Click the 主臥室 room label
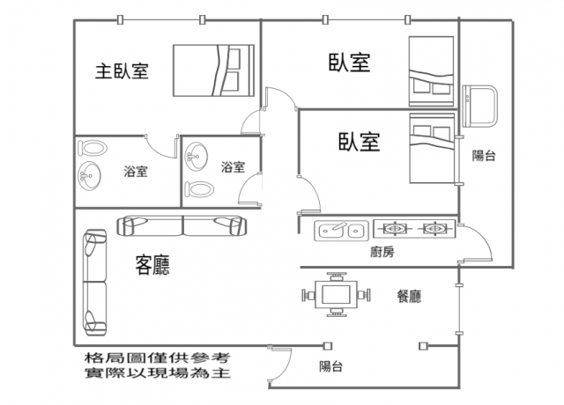pos(122,70)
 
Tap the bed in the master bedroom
pos(213,70)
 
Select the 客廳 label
pos(152,264)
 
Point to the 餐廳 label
pos(409,296)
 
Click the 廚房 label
pos(382,252)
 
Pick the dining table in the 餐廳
pos(336,295)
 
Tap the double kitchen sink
pos(341,231)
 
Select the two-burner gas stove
pos(414,229)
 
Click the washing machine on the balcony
pos(479,106)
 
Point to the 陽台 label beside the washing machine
pos(484,155)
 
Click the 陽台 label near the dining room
pos(331,366)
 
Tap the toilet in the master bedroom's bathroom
pos(92,148)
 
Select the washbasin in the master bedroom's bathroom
pos(89,176)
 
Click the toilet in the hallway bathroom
pos(199,189)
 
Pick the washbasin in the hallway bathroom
pos(196,157)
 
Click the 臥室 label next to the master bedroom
pos(349,63)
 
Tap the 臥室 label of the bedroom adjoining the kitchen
pos(359,141)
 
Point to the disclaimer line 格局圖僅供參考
pos(157,357)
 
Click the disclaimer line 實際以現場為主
pos(157,372)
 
